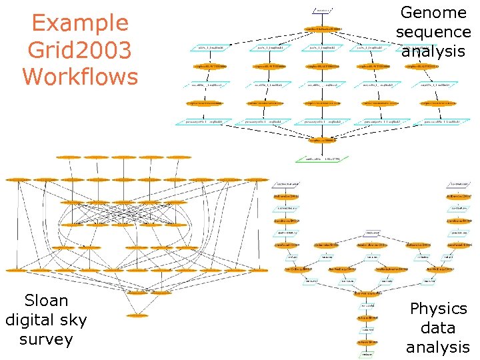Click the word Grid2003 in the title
pyautogui.click(x=80, y=50)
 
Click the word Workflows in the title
pyautogui.click(x=80, y=76)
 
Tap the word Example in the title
pyautogui.click(x=80, y=23)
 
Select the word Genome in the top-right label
pyautogui.click(x=433, y=12)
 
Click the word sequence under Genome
pyautogui.click(x=433, y=31)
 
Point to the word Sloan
pyautogui.click(x=46, y=300)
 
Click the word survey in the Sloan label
pyautogui.click(x=46, y=339)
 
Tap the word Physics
pyautogui.click(x=438, y=309)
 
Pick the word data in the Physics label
pyautogui.click(x=438, y=328)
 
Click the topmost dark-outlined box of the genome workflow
pyautogui.click(x=323, y=11)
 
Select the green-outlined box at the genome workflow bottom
pyautogui.click(x=323, y=159)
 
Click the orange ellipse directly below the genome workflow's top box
pyautogui.click(x=323, y=29)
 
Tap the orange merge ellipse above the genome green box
pyautogui.click(x=323, y=140)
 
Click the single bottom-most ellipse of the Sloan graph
pyautogui.click(x=137, y=315)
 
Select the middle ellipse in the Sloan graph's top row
pyautogui.click(x=125, y=157)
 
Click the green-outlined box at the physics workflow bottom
pyautogui.click(x=368, y=354)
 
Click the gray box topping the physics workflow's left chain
pyautogui.click(x=287, y=183)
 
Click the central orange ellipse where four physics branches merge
pyautogui.click(x=368, y=293)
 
